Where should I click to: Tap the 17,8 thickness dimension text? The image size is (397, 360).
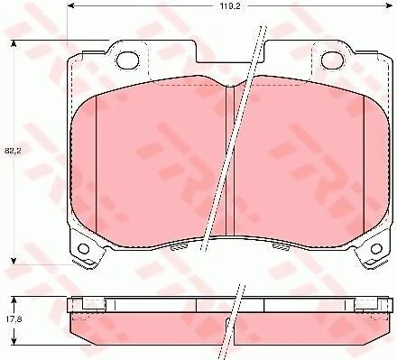(8, 319)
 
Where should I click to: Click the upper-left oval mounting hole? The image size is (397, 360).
(128, 60)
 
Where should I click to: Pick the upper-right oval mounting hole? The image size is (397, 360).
(333, 60)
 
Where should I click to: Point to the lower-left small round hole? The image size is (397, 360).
(83, 249)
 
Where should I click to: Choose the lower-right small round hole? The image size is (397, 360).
(376, 249)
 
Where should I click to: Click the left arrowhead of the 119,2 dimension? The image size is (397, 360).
(69, 6)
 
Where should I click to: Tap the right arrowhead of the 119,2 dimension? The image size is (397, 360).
(390, 6)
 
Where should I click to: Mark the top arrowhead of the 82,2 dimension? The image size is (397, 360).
(13, 44)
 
